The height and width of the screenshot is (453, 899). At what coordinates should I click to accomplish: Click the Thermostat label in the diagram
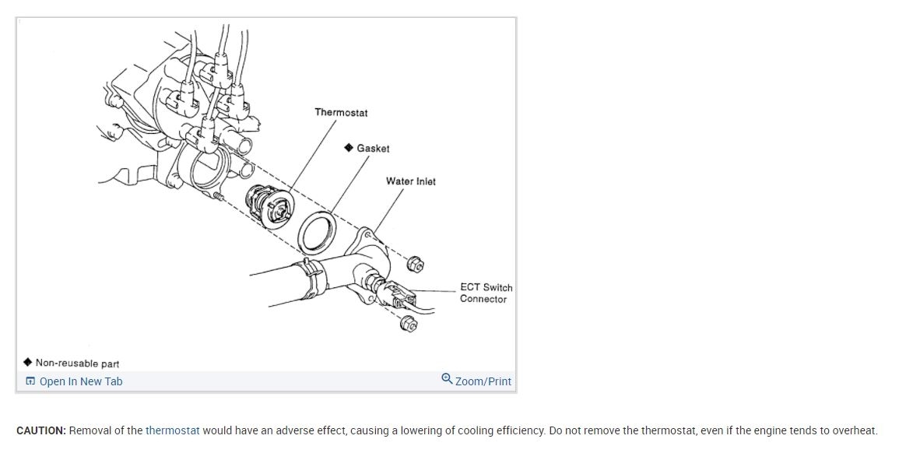tap(341, 113)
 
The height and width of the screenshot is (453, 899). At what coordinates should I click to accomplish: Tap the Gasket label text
tap(373, 148)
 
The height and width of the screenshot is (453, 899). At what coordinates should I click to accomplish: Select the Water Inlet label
tap(411, 181)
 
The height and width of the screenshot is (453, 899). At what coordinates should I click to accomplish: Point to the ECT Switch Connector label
tap(485, 293)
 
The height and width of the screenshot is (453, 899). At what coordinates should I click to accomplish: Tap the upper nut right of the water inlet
tap(416, 265)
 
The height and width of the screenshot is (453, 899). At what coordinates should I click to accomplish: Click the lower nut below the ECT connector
tap(408, 323)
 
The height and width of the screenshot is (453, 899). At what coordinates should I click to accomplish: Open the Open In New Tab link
tap(80, 381)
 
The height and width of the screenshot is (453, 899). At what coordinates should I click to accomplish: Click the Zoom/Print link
tap(483, 381)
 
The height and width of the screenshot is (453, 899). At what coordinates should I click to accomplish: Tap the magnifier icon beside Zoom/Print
tap(447, 379)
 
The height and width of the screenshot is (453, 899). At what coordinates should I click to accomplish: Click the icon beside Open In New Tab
tap(30, 381)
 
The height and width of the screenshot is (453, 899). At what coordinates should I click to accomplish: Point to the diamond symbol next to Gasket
tap(349, 147)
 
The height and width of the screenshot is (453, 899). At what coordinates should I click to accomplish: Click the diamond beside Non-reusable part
tap(28, 362)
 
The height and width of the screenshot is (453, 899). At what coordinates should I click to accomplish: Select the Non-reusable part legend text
tap(77, 363)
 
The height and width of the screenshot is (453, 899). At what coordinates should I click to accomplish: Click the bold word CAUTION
tap(40, 430)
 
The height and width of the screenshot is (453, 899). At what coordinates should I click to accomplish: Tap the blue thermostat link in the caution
tap(172, 430)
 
